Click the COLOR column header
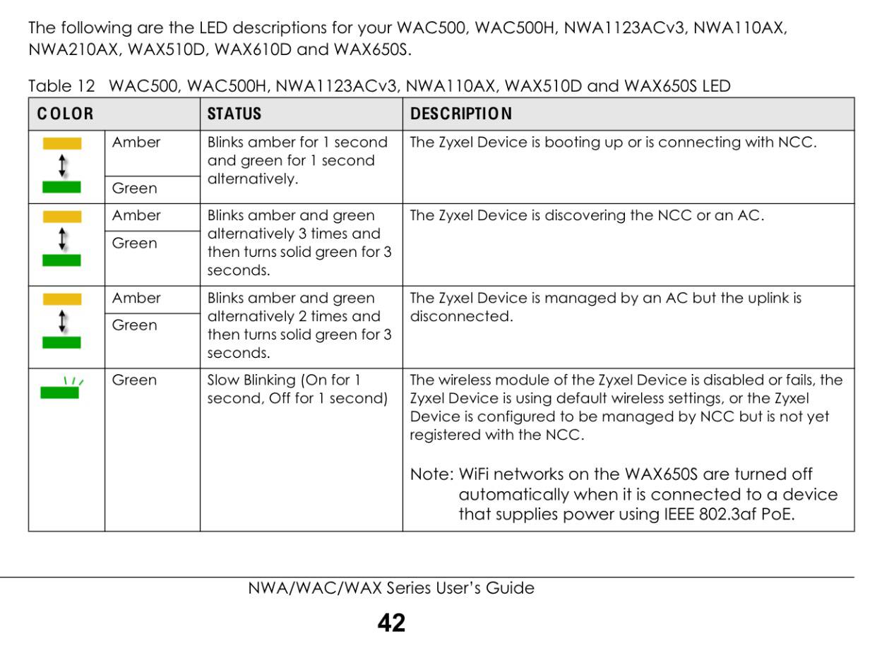(x=65, y=114)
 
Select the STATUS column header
(x=234, y=114)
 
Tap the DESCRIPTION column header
(x=461, y=114)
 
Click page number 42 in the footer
(x=391, y=623)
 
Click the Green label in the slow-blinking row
(x=134, y=380)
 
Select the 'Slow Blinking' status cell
(x=297, y=389)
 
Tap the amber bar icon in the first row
(x=62, y=144)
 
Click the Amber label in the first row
(x=136, y=142)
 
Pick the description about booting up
(x=612, y=142)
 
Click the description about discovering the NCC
(x=586, y=215)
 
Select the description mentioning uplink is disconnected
(x=605, y=307)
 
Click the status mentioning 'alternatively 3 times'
(x=299, y=243)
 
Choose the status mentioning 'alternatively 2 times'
(x=299, y=325)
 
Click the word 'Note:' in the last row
(x=431, y=474)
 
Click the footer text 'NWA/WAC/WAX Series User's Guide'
(x=391, y=588)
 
